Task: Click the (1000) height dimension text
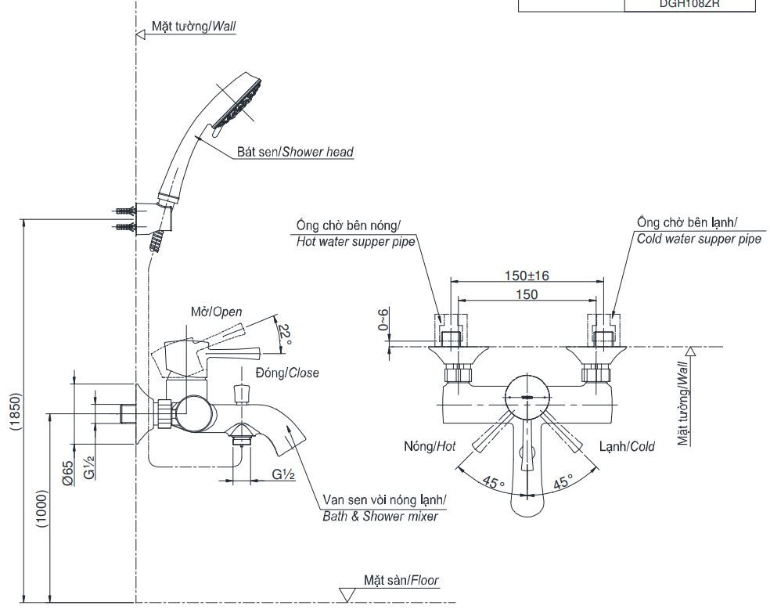tap(43, 509)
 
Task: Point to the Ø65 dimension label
tap(69, 474)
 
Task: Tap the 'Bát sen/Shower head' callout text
tap(295, 153)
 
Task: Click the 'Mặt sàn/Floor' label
tap(401, 580)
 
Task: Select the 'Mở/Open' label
tap(216, 312)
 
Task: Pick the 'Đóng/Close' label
tap(287, 373)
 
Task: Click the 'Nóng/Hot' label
tap(430, 446)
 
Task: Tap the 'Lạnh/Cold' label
tap(627, 446)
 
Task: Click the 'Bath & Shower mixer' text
tap(380, 517)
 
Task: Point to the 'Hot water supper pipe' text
tap(354, 242)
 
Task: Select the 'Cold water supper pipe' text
tap(698, 240)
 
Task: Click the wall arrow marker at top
tap(142, 34)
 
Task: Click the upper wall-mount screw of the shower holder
tap(124, 211)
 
